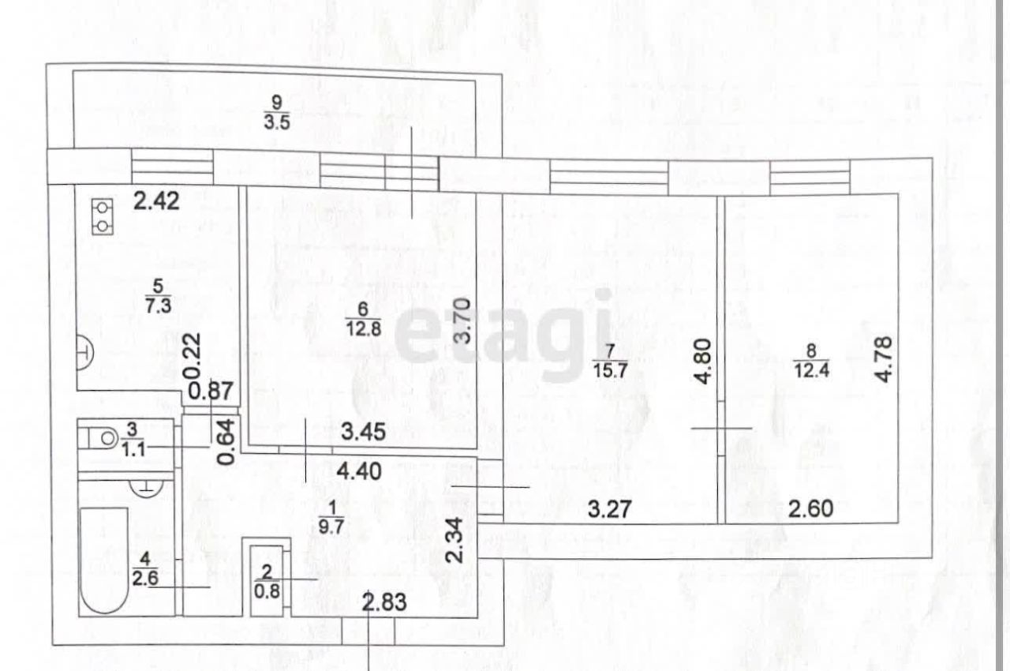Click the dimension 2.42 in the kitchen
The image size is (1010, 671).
click(156, 201)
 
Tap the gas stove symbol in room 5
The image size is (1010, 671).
click(103, 217)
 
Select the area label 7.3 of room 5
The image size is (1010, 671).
click(159, 306)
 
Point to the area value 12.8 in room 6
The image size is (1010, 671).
click(364, 329)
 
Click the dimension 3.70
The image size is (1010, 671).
click(462, 321)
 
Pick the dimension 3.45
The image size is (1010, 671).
click(364, 432)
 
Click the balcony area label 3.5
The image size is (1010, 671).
click(277, 122)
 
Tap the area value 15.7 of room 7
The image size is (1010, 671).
click(611, 371)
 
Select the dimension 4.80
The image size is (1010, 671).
click(703, 362)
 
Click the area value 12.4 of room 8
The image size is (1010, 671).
click(811, 370)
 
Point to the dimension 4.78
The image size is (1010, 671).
click(884, 359)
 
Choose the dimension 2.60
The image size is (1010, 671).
click(810, 508)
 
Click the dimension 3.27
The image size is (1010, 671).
click(610, 509)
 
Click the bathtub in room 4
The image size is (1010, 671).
click(104, 560)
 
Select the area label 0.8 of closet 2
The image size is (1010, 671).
click(267, 591)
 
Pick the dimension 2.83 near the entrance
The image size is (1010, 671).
click(384, 602)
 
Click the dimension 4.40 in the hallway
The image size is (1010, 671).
click(359, 471)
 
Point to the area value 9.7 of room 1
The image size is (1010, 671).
click(331, 527)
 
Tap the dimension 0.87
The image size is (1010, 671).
click(211, 391)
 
